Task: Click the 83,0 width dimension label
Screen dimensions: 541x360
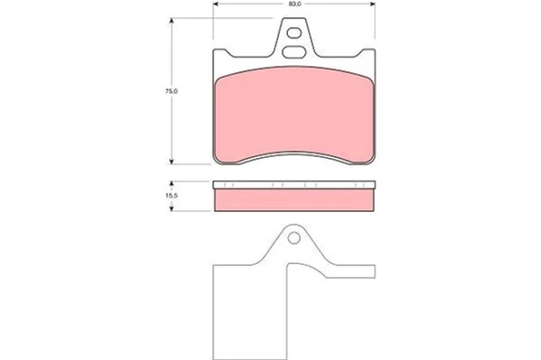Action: coord(295,4)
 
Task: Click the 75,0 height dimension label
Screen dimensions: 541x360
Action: coord(171,91)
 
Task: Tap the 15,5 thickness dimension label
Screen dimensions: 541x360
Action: coord(171,196)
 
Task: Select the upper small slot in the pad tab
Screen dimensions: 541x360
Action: coord(294,33)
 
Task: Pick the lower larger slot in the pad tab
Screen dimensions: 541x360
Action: coord(294,52)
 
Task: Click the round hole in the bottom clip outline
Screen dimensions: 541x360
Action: coord(294,238)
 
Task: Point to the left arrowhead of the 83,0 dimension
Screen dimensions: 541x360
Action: coord(216,4)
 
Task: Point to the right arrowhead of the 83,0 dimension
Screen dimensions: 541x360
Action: coord(372,4)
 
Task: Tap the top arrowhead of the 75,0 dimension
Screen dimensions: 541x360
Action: coord(171,21)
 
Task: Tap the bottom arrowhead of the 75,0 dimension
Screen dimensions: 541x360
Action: coord(171,162)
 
